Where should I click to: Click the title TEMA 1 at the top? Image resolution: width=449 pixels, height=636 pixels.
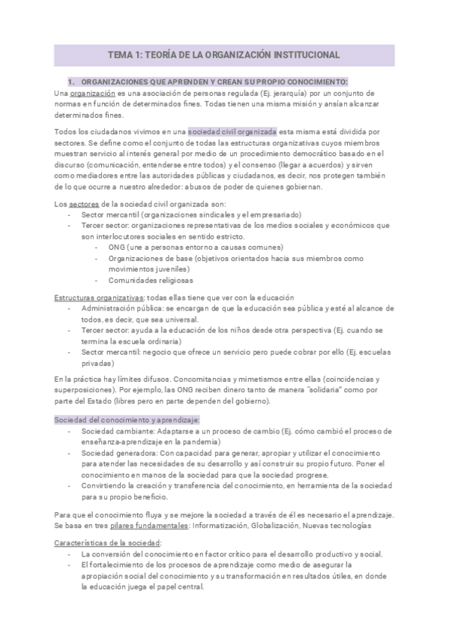(x=224, y=55)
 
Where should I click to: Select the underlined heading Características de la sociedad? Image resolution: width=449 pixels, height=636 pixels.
(x=109, y=541)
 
